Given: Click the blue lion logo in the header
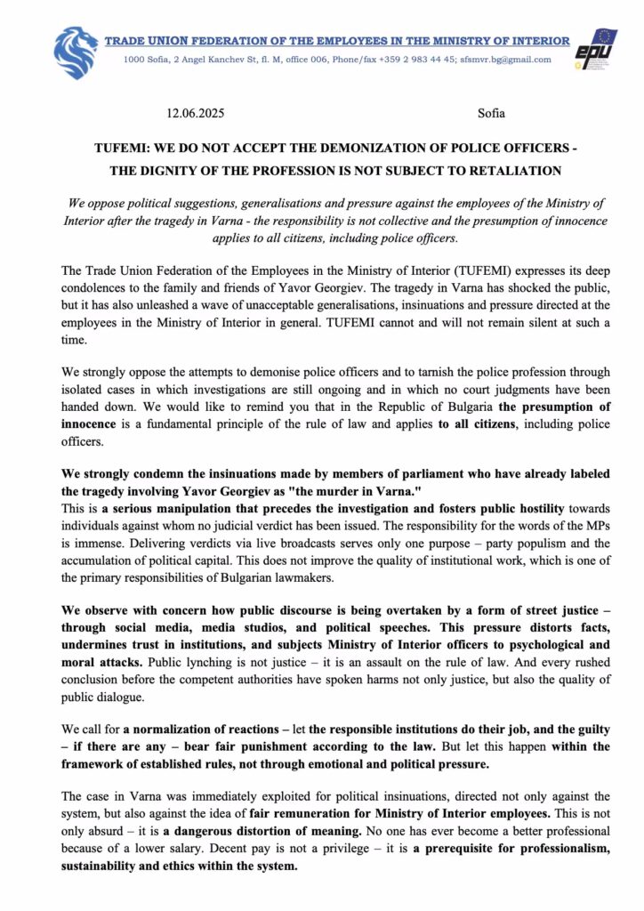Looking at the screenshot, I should click(x=76, y=52).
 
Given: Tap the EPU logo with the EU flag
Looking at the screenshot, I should click(x=593, y=52).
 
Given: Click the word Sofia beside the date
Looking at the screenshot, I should click(x=491, y=113).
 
